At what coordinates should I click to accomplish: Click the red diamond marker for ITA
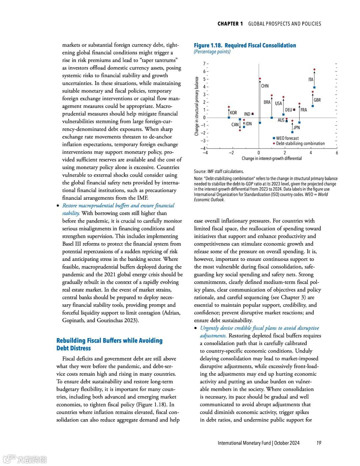click(314, 70)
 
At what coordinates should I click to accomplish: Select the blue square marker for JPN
click(293, 132)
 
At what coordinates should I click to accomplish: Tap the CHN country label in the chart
click(265, 86)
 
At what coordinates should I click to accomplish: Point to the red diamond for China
click(260, 79)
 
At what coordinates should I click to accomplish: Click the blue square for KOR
click(229, 117)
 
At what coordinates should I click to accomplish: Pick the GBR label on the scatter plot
click(317, 100)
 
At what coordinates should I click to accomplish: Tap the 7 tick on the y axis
click(204, 63)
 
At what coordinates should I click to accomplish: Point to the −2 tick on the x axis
click(231, 153)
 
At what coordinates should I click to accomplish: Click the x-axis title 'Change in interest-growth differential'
click(272, 158)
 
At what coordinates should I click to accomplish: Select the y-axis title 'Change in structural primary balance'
click(197, 106)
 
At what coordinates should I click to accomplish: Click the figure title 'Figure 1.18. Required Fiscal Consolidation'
click(245, 45)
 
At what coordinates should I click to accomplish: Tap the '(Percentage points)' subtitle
click(212, 52)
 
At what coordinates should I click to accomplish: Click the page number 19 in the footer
click(319, 443)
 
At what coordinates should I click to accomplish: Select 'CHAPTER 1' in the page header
click(230, 24)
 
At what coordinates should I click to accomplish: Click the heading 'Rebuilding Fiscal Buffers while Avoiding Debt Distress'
click(109, 344)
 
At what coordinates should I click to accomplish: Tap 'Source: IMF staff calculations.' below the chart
click(219, 171)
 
